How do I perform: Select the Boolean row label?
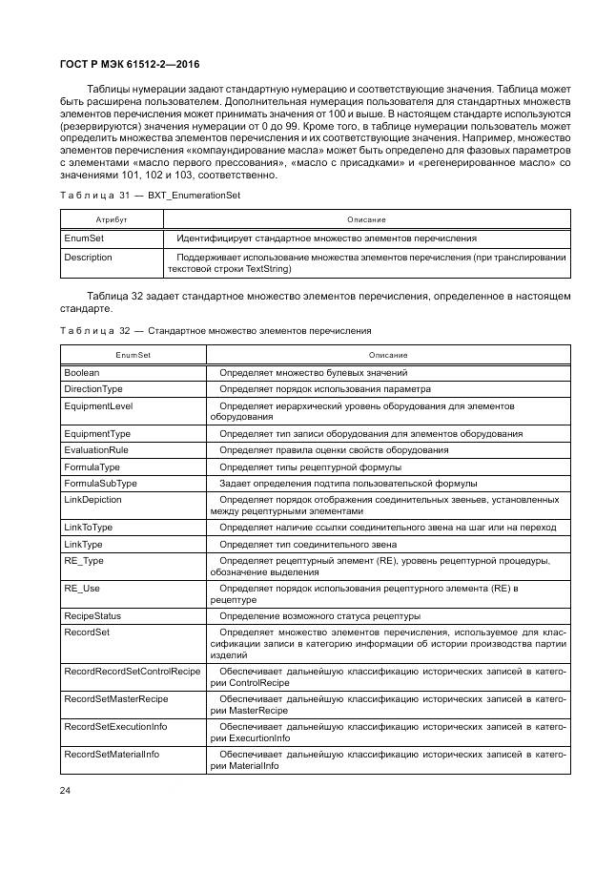[x=82, y=373]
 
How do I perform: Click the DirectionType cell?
[x=93, y=389]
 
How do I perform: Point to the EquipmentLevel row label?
[x=98, y=405]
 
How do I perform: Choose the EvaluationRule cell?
[x=96, y=450]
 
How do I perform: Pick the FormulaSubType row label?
[x=100, y=484]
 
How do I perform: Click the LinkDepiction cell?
[x=92, y=499]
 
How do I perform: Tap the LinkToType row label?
[x=89, y=527]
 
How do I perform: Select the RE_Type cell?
[x=84, y=561]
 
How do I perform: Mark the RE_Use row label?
[x=82, y=589]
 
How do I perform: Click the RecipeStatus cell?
[x=92, y=616]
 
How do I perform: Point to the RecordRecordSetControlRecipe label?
[x=132, y=672]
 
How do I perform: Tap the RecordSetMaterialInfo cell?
[x=112, y=755]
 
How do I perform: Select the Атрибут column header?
[x=98, y=219]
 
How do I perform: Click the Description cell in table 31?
[x=88, y=258]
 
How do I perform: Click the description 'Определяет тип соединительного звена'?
[x=303, y=544]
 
